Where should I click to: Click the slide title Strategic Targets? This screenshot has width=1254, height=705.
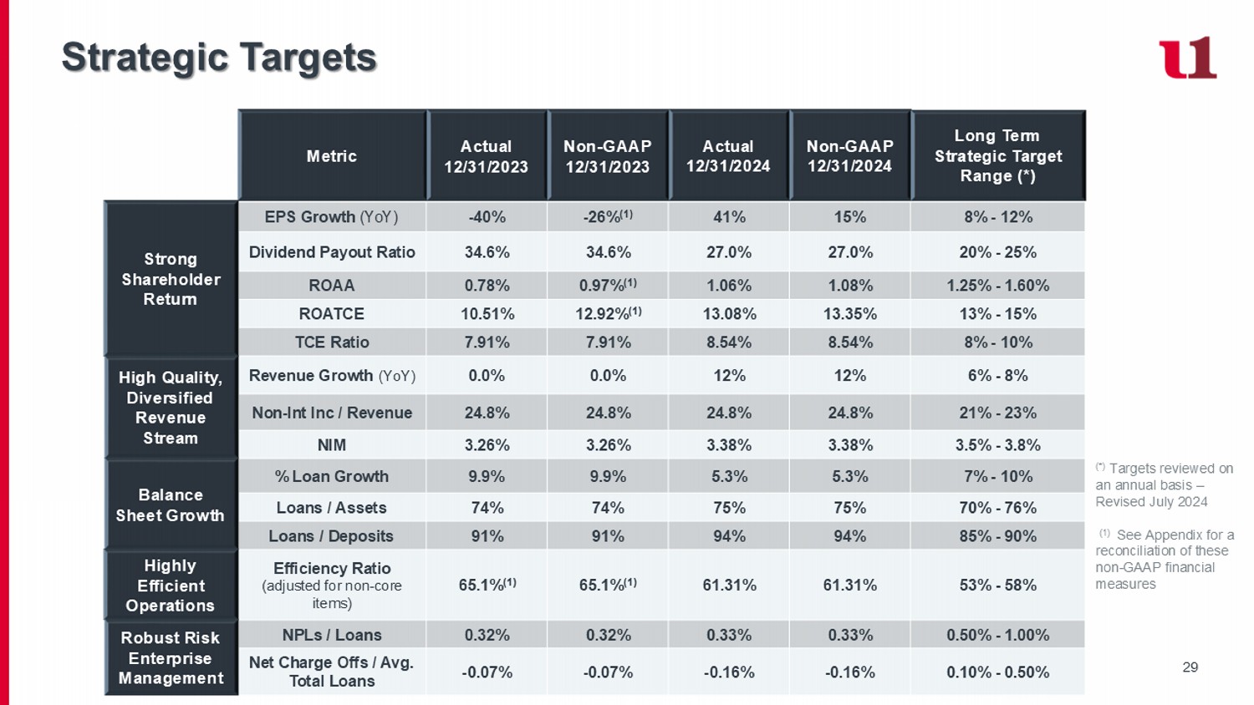point(219,58)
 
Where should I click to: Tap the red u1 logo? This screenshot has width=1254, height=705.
point(1187,58)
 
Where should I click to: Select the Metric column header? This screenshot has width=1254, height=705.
point(332,156)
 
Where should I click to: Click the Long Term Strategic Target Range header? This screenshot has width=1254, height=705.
point(998,156)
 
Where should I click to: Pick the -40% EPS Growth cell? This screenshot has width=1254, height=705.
point(487,217)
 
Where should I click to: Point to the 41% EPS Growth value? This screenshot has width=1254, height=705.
point(729,217)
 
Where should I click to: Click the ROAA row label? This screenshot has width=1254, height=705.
point(332,286)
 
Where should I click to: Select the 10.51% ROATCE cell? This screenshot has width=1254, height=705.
point(487,314)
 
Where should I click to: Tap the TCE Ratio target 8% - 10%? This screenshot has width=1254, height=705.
point(998,342)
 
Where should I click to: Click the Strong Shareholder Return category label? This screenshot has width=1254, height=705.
point(171,279)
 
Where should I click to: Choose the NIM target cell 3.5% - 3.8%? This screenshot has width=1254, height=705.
point(998,445)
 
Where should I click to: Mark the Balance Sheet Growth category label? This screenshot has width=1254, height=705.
point(171,505)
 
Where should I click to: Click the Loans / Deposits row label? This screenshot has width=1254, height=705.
point(332,536)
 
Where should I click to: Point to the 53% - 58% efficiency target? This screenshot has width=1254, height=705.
point(998,585)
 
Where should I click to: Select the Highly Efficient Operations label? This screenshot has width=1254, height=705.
point(171,586)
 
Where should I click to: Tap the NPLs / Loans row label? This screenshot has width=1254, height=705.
point(332,635)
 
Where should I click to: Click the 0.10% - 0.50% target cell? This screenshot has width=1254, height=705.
point(998,672)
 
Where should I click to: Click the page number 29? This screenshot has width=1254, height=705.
point(1190,667)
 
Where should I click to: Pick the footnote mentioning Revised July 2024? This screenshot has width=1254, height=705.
point(1164,485)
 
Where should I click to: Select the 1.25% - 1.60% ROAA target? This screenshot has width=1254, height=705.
point(998,286)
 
